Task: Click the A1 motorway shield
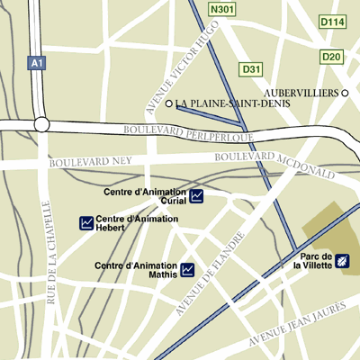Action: coord(36,64)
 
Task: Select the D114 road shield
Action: coord(332,21)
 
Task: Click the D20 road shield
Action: coord(332,57)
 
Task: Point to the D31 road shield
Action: coord(251,68)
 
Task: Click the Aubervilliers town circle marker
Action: coord(345,93)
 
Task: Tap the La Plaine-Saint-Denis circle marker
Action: coord(169,104)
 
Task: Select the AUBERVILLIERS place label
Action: coord(302,93)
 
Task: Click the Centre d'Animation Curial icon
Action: coord(197,195)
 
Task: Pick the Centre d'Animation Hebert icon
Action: coord(86,222)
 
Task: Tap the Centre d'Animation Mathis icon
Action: coord(188,269)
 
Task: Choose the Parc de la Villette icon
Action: coord(342,262)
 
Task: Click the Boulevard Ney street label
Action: coord(90,163)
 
